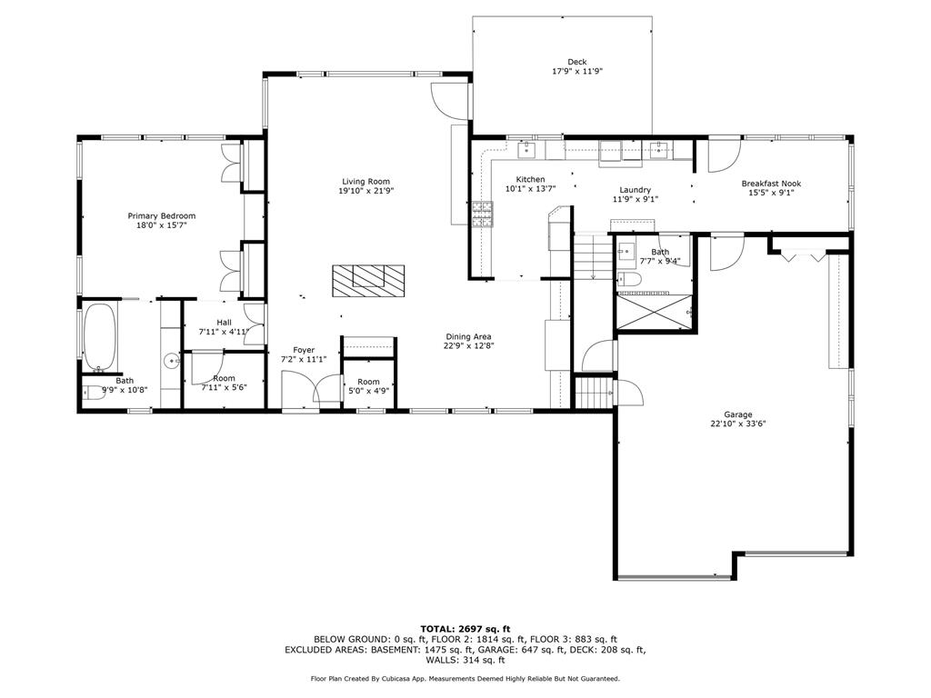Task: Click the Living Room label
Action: pos(365,182)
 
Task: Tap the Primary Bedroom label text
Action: pos(162,216)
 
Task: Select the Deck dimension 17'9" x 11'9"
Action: pos(577,71)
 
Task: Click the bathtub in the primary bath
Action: pos(100,337)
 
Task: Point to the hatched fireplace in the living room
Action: pos(368,281)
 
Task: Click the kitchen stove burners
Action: pos(482,214)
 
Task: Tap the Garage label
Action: pos(738,414)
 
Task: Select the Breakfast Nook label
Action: pos(771,184)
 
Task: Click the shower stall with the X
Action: pos(655,312)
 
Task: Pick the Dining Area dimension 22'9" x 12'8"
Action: pos(468,345)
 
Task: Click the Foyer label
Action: pos(304,350)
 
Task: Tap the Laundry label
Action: pos(636,190)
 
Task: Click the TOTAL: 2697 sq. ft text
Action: pos(465,629)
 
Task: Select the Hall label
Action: pos(224,323)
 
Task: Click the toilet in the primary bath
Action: pos(94,393)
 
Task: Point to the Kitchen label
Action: pos(530,179)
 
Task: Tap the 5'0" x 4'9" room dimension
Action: pos(369,391)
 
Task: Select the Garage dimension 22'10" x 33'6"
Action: pos(738,424)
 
